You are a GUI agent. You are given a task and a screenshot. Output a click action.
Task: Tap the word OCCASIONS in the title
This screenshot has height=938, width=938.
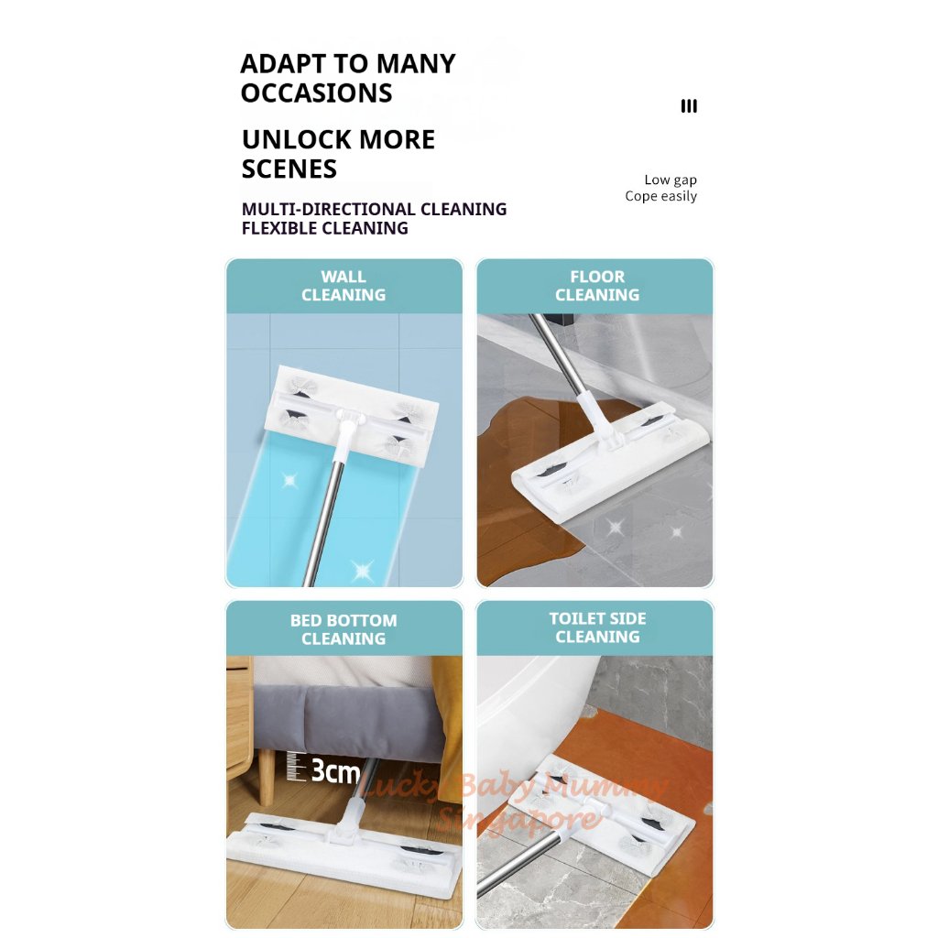tap(316, 93)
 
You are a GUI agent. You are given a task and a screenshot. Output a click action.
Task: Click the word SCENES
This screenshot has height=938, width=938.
tap(289, 169)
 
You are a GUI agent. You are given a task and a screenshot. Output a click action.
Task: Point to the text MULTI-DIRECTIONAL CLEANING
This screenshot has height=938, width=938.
tap(374, 210)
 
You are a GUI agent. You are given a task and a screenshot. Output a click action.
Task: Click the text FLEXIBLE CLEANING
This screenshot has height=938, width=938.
tap(324, 229)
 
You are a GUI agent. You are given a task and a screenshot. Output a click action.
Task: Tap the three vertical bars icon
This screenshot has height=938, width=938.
tap(689, 106)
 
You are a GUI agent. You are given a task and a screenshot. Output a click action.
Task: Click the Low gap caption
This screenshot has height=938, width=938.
tap(670, 180)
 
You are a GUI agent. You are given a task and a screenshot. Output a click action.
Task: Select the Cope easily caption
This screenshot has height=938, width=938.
tap(660, 197)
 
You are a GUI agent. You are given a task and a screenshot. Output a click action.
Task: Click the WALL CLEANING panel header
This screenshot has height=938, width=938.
tap(344, 286)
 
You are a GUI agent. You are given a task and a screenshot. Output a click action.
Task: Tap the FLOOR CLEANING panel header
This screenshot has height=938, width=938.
tap(596, 286)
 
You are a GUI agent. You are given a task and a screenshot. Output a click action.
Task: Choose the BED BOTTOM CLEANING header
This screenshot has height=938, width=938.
tap(344, 629)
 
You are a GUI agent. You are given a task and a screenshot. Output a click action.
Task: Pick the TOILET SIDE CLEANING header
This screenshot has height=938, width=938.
tap(596, 627)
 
